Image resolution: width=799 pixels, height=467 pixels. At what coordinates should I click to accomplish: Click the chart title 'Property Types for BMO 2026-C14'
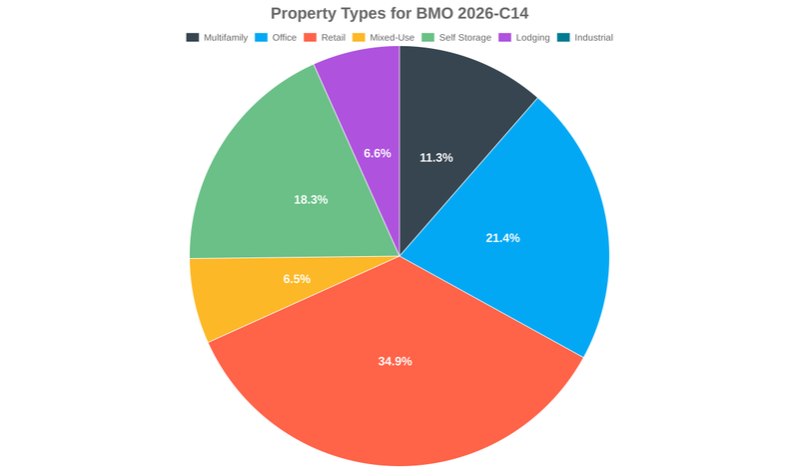(399, 14)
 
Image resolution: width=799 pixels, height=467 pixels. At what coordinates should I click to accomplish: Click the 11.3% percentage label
(436, 158)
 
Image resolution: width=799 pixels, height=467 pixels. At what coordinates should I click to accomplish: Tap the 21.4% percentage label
(502, 238)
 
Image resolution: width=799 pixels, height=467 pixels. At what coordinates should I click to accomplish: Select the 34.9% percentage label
(395, 361)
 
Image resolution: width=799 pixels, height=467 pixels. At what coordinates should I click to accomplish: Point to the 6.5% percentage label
(297, 279)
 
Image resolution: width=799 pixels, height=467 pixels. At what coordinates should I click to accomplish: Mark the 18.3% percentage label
(311, 200)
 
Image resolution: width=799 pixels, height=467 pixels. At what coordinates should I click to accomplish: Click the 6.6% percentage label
(378, 154)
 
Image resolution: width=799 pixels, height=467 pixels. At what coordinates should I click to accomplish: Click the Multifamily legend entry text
(226, 38)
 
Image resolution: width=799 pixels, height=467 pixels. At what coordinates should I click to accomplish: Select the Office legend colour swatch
(261, 38)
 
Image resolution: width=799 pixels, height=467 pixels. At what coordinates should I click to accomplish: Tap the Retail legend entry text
(333, 38)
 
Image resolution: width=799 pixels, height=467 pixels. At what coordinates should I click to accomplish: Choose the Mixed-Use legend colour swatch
(359, 38)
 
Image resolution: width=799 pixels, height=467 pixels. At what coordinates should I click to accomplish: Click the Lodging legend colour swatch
(504, 38)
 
